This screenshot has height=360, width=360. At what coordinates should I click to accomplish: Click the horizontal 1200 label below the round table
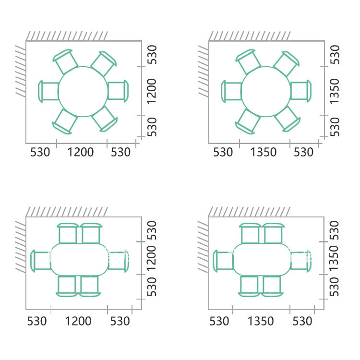pyautogui.click(x=81, y=152)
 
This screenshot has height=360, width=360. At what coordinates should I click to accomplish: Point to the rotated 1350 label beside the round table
pyautogui.click(x=335, y=91)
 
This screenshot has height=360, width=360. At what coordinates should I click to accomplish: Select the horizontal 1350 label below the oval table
pyautogui.click(x=261, y=321)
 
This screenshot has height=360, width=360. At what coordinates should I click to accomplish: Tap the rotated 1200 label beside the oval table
pyautogui.click(x=152, y=259)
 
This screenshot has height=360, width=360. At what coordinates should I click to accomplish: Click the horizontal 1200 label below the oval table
pyautogui.click(x=78, y=321)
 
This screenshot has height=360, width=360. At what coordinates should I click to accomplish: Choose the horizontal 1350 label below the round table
pyautogui.click(x=264, y=152)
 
